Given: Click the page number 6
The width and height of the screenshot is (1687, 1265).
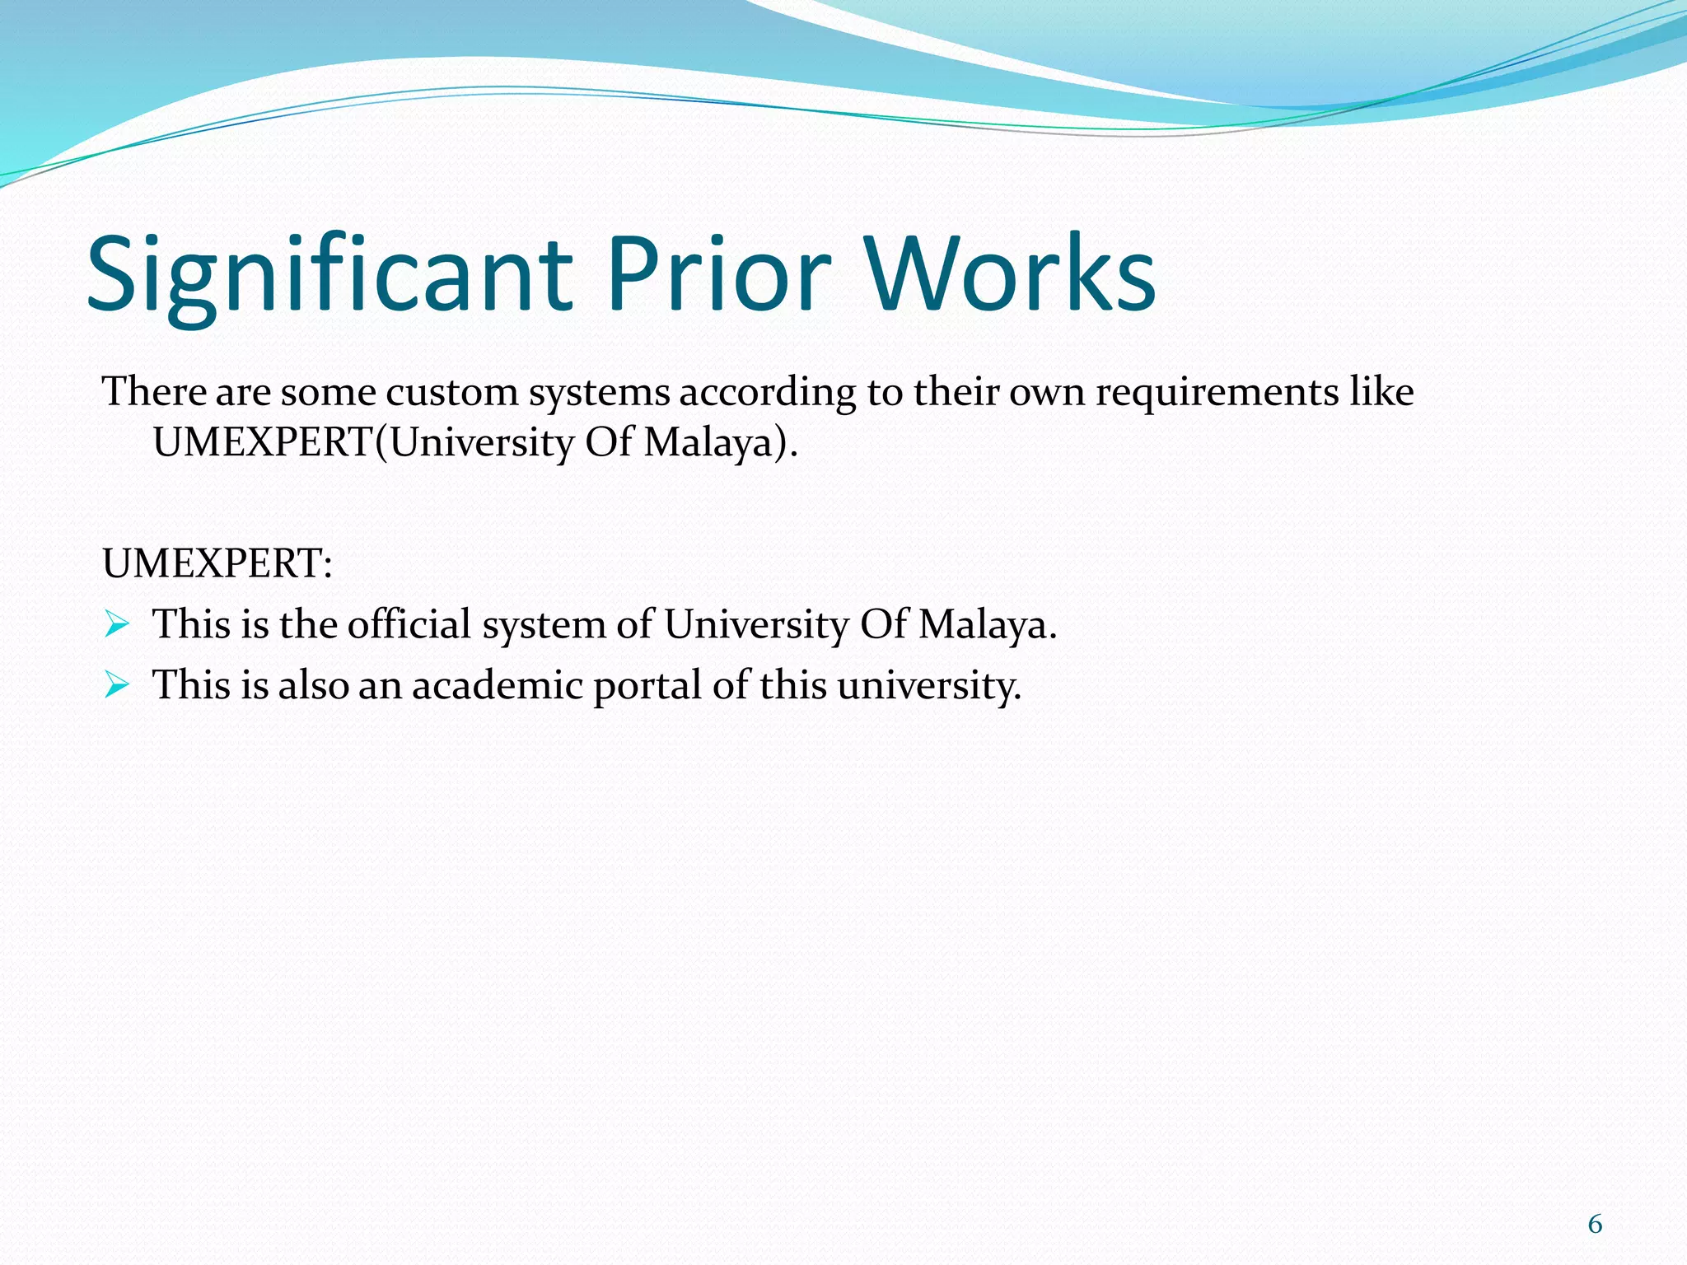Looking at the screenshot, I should [x=1595, y=1225].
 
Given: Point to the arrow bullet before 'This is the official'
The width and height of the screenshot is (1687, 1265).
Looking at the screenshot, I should [x=117, y=625].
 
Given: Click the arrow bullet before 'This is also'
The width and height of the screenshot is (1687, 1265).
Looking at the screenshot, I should [x=117, y=685].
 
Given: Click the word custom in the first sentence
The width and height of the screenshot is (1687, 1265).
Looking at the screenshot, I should [x=452, y=392].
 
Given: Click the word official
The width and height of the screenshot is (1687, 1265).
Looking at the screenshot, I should [x=409, y=624].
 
